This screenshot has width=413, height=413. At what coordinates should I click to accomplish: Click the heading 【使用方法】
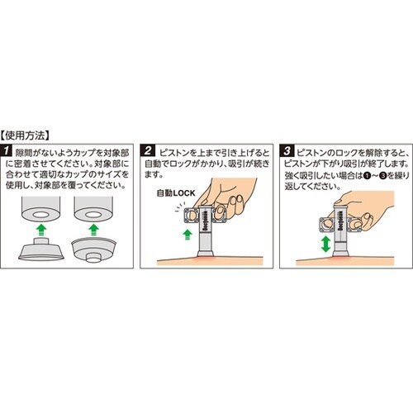click(x=28, y=133)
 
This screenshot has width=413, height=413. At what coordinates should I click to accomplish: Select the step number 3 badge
click(x=287, y=152)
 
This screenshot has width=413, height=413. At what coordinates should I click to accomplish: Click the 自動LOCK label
click(x=173, y=194)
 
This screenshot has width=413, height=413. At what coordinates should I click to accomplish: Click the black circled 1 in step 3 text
click(x=368, y=174)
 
